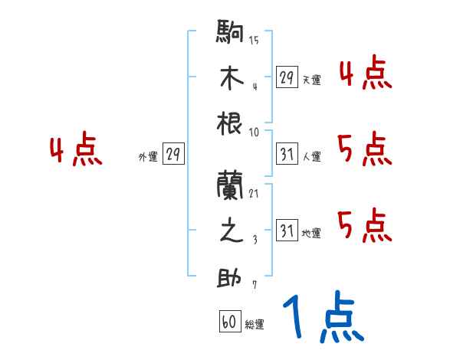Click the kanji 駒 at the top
point(231,34)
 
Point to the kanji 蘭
point(231,186)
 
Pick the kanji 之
point(231,231)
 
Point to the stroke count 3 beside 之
point(254,240)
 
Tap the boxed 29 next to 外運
point(173,154)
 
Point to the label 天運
point(311,80)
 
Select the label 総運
point(255,325)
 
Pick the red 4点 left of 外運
point(76,151)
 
